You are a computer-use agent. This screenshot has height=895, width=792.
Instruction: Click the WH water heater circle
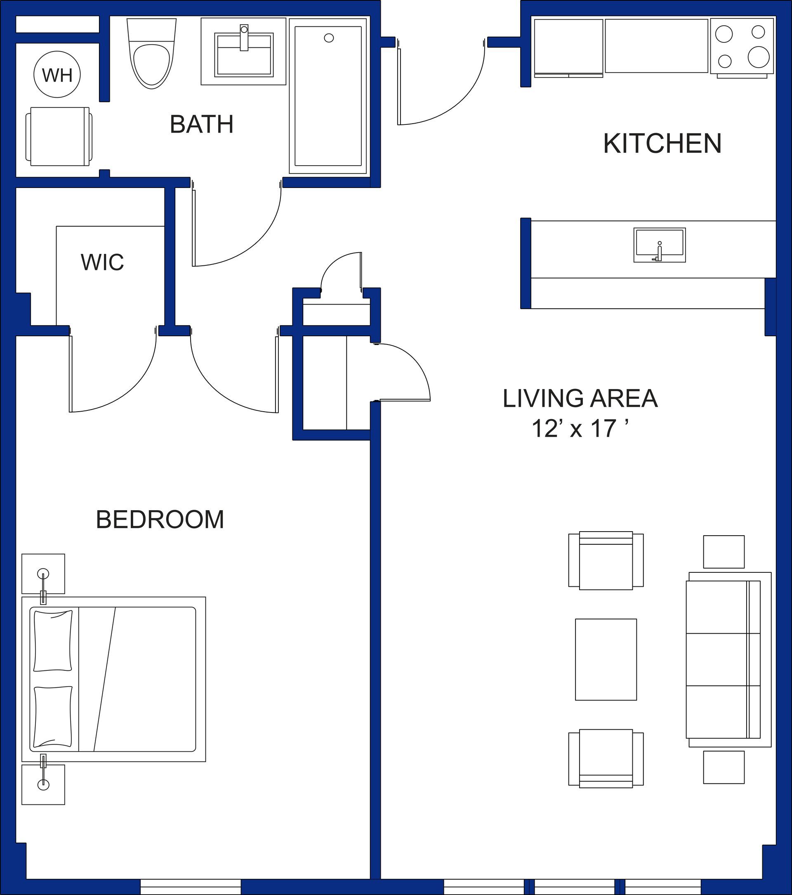[57, 75]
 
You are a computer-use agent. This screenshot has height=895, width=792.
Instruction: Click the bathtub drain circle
[329, 38]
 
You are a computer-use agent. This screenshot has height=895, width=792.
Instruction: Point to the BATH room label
[201, 124]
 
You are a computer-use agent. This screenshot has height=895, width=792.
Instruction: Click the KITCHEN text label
[662, 144]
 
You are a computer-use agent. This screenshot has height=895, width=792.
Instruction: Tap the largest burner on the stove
[759, 57]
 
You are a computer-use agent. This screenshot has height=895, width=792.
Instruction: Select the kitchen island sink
[659, 245]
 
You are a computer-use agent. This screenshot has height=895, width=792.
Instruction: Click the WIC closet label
[102, 262]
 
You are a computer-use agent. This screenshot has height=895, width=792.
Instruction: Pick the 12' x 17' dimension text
[580, 429]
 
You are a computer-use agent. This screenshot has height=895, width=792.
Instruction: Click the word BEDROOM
[160, 520]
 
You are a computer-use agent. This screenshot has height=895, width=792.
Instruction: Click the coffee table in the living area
[606, 659]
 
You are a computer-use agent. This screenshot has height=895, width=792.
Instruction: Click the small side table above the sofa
[724, 552]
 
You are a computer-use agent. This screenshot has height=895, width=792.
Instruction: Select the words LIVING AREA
[580, 398]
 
